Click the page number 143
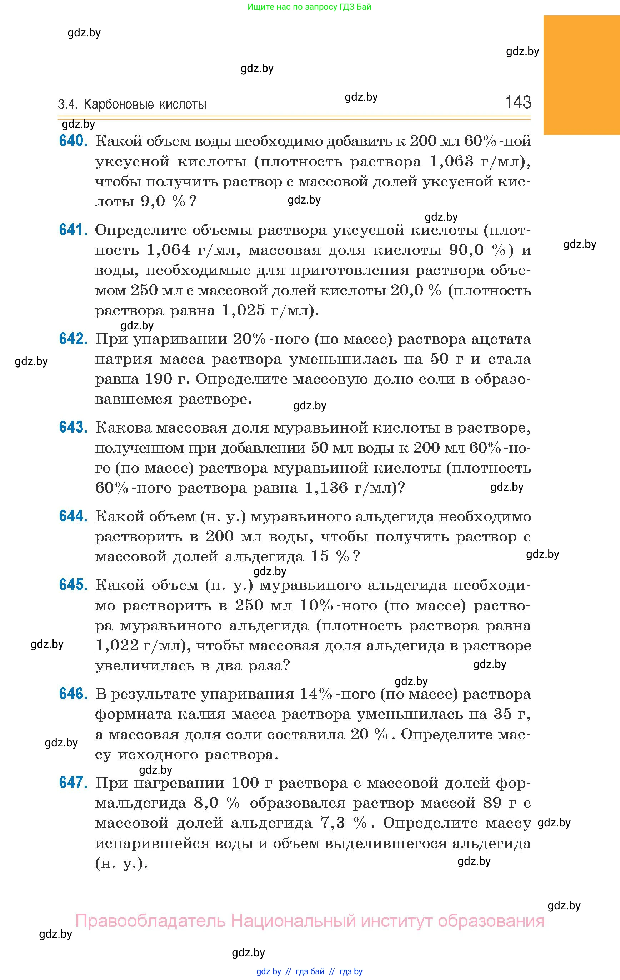[518, 102]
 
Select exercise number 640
[73, 141]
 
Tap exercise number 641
[73, 230]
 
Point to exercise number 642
[73, 339]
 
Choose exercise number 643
[73, 427]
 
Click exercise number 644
[73, 516]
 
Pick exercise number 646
[73, 694]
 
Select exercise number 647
[73, 782]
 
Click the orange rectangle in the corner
[581, 75]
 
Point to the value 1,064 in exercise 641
[168, 250]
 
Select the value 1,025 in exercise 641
[244, 310]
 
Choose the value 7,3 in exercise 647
[333, 823]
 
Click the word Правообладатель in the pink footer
[150, 921]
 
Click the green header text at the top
[309, 7]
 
